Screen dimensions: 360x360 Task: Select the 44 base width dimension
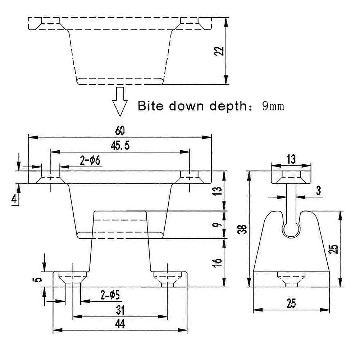[x=120, y=324]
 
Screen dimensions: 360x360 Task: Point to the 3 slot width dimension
[x=318, y=191]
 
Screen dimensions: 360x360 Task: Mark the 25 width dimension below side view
[x=291, y=304]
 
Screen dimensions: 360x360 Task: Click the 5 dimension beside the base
[x=39, y=279]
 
